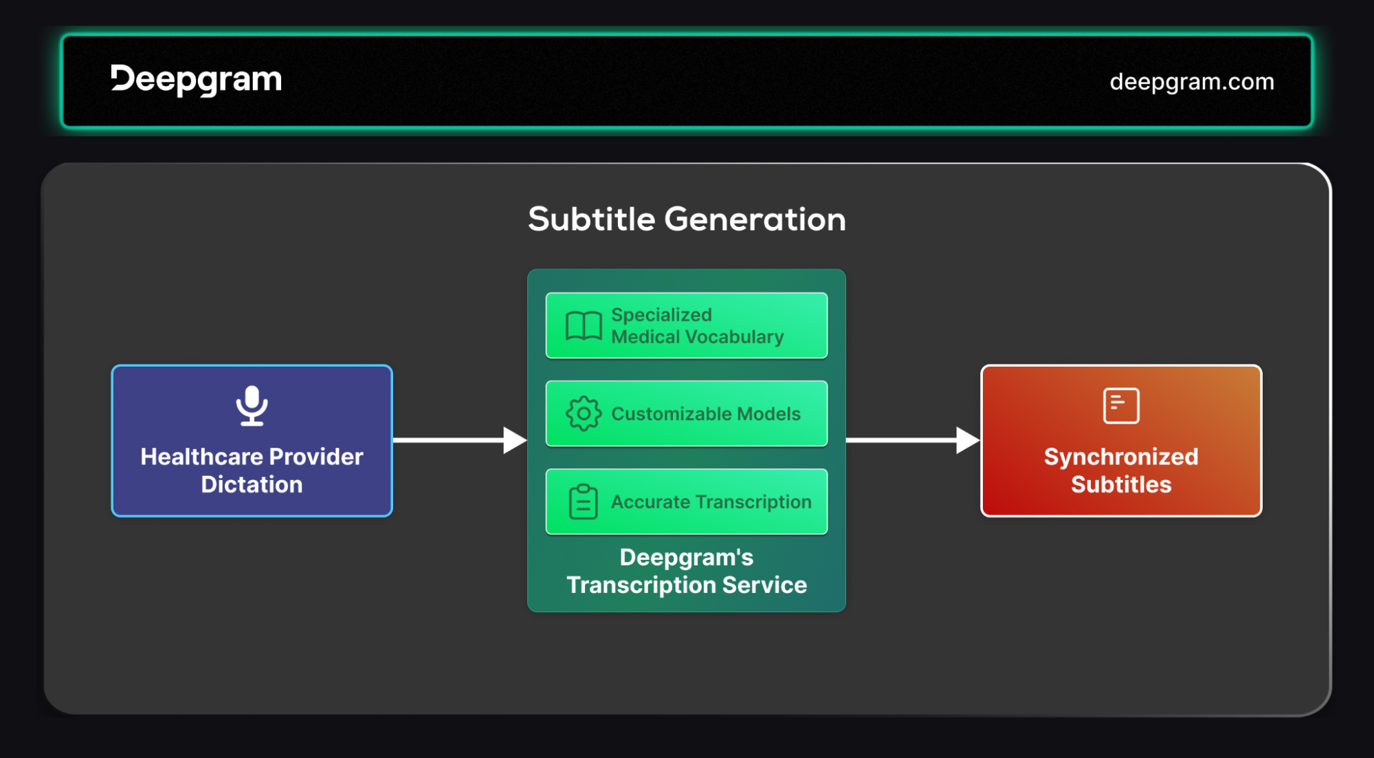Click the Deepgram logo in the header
click(196, 80)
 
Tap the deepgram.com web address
click(1192, 82)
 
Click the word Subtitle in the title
click(592, 219)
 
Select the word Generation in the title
click(755, 219)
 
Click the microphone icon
click(252, 406)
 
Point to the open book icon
click(584, 326)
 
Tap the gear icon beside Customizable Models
click(584, 413)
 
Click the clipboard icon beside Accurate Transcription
click(584, 501)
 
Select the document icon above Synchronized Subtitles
click(1121, 406)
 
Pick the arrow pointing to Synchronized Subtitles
click(913, 440)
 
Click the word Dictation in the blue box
click(252, 484)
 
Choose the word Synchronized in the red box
click(1121, 457)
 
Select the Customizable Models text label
click(706, 414)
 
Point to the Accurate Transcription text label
click(711, 502)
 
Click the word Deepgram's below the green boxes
click(687, 558)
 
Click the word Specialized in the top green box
click(661, 315)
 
